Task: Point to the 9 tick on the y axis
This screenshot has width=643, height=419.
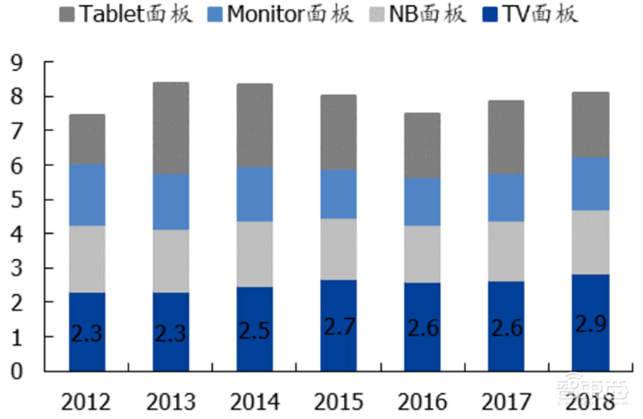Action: (x=17, y=63)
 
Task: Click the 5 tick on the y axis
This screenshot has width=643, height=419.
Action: (x=17, y=199)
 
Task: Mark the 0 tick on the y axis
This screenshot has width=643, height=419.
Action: (x=17, y=372)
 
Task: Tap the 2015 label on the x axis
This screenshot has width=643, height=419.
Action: (x=338, y=400)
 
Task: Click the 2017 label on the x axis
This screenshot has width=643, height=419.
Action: (x=506, y=400)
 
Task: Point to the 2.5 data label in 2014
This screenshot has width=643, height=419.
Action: (x=255, y=331)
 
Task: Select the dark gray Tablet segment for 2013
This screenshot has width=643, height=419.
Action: (x=171, y=128)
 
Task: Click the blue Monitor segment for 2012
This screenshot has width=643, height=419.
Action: (x=87, y=195)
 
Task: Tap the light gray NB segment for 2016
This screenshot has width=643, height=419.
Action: (x=422, y=254)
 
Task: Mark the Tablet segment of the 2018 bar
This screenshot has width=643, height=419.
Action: (x=590, y=125)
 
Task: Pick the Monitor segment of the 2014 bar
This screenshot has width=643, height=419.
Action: (x=255, y=194)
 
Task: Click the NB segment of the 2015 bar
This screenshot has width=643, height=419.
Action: (x=338, y=249)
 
